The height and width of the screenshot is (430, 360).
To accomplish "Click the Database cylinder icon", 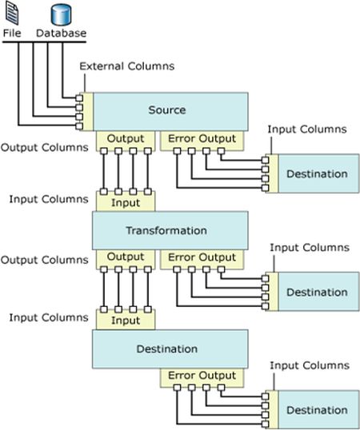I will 62,14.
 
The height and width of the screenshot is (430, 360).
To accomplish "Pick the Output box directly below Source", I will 126,139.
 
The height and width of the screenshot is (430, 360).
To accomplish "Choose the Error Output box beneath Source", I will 202,139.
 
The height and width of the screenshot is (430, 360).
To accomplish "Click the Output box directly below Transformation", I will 126,257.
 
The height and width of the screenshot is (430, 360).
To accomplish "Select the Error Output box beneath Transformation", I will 202,257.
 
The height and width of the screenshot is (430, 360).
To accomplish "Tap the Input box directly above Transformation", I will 126,202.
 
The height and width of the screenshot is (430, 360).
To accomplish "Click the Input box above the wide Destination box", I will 126,321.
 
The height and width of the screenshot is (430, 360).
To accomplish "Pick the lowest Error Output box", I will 202,376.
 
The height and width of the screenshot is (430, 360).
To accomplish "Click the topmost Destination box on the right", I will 317,173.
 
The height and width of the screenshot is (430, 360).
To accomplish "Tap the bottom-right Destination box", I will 317,410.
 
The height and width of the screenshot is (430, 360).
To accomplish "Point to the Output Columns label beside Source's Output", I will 46,148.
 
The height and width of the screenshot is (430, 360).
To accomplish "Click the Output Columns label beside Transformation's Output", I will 46,260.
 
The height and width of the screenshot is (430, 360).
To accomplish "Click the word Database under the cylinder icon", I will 62,34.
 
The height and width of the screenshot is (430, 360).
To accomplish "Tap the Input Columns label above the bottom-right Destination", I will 307,365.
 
